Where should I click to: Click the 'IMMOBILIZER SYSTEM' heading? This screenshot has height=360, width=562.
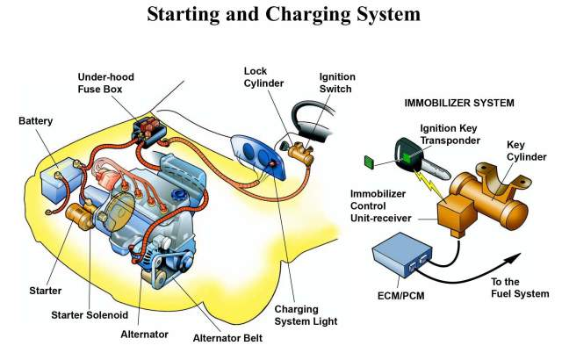458,103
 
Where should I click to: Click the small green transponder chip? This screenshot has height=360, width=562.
369,162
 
